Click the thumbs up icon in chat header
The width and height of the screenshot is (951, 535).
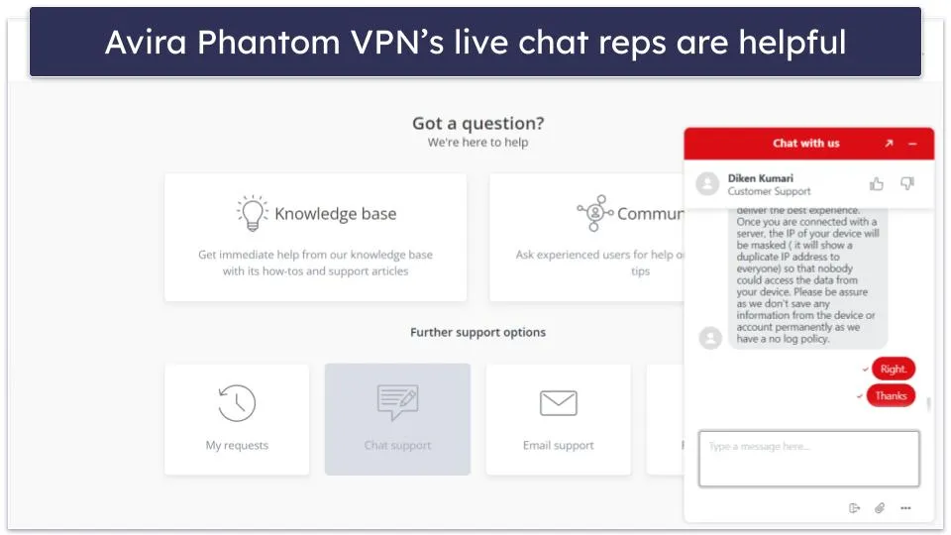point(877,184)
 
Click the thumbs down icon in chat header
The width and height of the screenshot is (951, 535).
point(907,184)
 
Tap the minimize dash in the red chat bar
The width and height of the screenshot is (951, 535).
point(912,144)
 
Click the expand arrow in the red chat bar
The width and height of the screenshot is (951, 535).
point(889,144)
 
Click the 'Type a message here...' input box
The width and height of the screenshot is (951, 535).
point(808,458)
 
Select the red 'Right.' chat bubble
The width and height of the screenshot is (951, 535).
point(893,369)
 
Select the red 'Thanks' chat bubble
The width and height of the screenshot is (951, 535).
point(891,395)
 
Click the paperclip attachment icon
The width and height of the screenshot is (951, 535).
point(880,508)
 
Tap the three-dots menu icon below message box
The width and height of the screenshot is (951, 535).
point(905,508)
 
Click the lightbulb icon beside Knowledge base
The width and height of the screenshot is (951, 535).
point(253,213)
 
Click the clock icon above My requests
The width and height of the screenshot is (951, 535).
point(237,403)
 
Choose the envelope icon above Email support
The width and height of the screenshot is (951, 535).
point(558,403)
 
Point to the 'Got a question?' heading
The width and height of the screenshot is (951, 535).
point(478,124)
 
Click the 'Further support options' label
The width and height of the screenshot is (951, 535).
point(477,332)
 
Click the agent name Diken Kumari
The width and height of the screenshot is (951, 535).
point(760,178)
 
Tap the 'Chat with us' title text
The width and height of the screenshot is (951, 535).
point(805,144)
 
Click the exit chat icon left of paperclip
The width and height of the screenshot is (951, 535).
point(854,508)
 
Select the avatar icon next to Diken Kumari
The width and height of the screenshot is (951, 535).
point(707,184)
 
